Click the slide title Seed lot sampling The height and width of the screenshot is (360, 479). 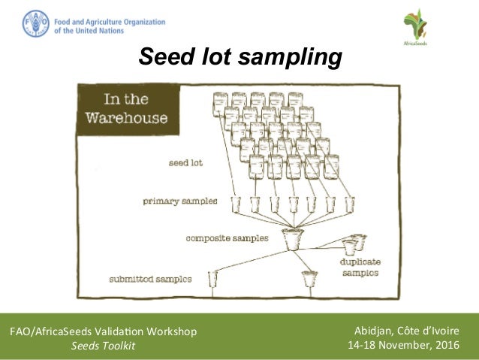239,57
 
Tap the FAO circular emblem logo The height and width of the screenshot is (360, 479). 35,23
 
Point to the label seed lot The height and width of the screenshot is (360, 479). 185,162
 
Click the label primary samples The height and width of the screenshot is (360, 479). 181,201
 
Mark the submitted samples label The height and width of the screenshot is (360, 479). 150,279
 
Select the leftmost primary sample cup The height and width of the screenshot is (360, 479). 235,203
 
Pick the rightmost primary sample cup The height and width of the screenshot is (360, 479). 349,203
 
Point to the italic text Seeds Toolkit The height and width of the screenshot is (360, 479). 103,346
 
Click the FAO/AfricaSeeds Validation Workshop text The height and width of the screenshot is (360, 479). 103,331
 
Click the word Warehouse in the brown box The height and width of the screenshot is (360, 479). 126,119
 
